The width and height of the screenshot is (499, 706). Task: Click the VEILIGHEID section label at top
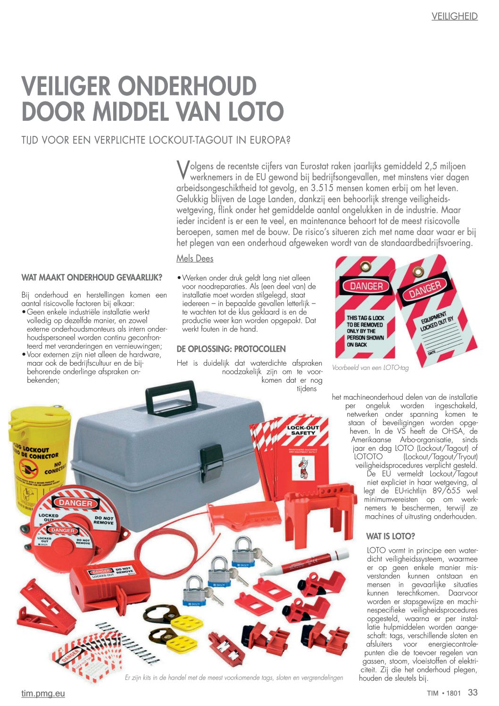click(x=454, y=17)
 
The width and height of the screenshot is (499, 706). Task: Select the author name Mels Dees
click(x=195, y=259)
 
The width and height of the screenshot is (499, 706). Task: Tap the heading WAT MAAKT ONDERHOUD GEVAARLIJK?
click(x=92, y=277)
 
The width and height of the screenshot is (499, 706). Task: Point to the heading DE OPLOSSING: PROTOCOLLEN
click(x=231, y=349)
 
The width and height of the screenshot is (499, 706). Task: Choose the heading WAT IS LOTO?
click(x=391, y=536)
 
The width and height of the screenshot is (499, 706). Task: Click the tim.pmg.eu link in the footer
click(x=43, y=693)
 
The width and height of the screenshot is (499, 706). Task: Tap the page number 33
click(x=473, y=692)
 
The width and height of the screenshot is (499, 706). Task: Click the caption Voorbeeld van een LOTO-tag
click(x=370, y=368)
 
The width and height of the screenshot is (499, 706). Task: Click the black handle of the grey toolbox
click(x=171, y=395)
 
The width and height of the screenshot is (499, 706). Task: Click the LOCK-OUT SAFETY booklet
click(x=302, y=451)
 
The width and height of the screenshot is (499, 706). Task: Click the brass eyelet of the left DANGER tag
click(x=365, y=268)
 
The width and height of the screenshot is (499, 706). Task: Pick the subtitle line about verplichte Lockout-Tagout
click(x=156, y=140)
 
